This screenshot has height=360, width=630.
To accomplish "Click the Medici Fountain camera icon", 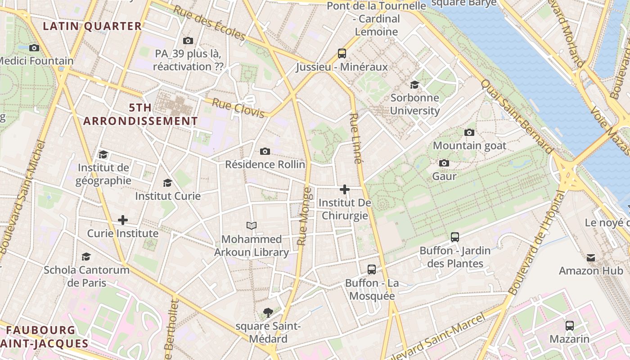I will point(34,48).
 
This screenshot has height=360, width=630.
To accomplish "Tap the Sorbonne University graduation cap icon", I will point(414,85).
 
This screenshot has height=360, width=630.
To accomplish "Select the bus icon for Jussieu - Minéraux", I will point(342,54).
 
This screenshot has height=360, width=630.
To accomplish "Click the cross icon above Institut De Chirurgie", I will point(345,189).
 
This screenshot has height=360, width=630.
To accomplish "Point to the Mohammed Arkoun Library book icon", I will point(252,225).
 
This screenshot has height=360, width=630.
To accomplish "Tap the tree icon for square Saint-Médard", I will point(268,312).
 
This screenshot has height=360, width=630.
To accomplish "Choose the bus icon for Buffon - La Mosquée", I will point(372,270).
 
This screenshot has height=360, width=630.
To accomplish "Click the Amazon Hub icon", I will point(591,257).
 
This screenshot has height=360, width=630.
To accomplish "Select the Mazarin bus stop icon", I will point(570,325).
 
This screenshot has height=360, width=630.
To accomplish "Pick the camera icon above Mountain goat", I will point(469,132).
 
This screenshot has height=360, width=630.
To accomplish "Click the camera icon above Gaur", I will point(444,163).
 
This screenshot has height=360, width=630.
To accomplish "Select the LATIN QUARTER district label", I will point(92,26).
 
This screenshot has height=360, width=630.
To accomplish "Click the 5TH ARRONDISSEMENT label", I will point(140,114).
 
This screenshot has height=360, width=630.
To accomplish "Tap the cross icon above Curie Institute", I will point(122,220).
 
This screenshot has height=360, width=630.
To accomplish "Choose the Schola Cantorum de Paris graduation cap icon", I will point(86,256).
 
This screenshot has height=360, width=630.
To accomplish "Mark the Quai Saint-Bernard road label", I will point(517,116).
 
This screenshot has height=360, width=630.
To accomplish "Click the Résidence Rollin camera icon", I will point(265,151).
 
